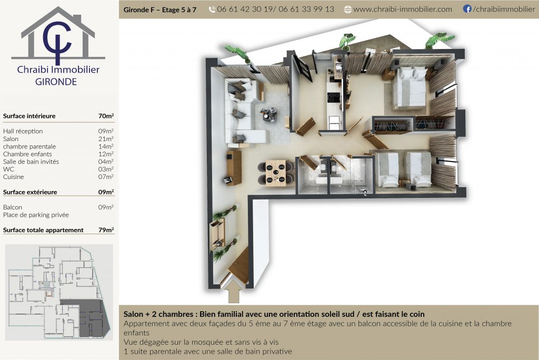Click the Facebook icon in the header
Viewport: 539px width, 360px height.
click(467, 9)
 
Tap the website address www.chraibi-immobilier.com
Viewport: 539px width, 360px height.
click(403, 9)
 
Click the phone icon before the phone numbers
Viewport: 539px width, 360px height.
click(212, 9)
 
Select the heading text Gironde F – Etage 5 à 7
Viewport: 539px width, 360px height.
click(160, 9)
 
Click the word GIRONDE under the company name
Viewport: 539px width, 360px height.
click(56, 82)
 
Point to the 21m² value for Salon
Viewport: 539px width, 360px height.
click(106, 138)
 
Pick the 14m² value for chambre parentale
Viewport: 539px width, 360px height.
click(106, 146)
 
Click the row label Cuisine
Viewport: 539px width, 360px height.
click(13, 177)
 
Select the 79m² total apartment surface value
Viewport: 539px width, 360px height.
click(106, 229)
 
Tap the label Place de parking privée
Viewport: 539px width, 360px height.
click(36, 215)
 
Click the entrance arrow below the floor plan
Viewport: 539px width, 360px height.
click(234, 292)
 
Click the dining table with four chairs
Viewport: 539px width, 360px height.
click(276, 173)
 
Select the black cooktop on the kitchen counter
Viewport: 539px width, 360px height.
click(333, 97)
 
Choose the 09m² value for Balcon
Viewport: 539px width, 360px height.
click(106, 207)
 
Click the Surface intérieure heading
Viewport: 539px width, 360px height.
click(29, 116)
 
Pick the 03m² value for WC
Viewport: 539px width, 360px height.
click(106, 169)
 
